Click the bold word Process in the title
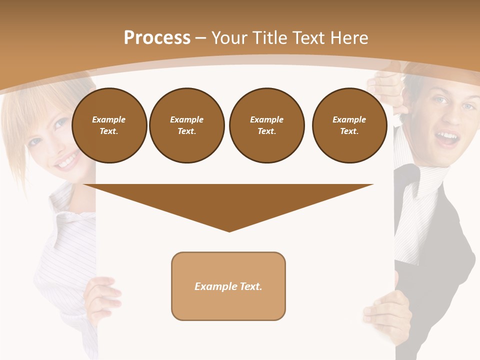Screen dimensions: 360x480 point(157,38)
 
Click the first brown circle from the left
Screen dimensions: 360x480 point(109,125)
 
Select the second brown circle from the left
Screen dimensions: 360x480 point(186,125)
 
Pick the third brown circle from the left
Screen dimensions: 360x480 point(266,125)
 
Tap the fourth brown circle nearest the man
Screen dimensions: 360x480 point(349,125)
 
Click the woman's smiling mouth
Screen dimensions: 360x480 point(68,161)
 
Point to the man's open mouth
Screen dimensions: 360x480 point(448,137)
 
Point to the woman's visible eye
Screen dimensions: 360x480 point(60,123)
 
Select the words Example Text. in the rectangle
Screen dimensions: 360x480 point(228,286)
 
